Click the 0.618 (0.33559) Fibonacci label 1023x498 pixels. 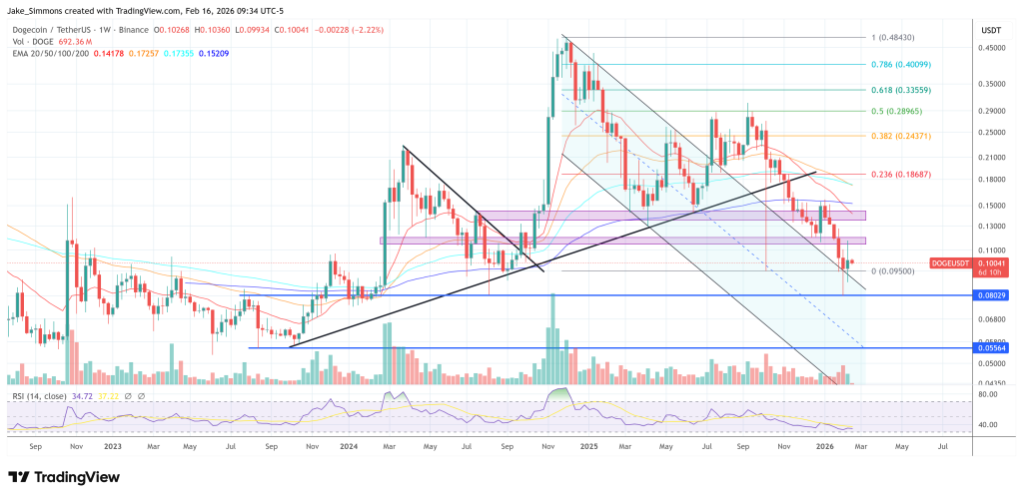(903, 90)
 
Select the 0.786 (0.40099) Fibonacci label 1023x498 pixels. (903, 64)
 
